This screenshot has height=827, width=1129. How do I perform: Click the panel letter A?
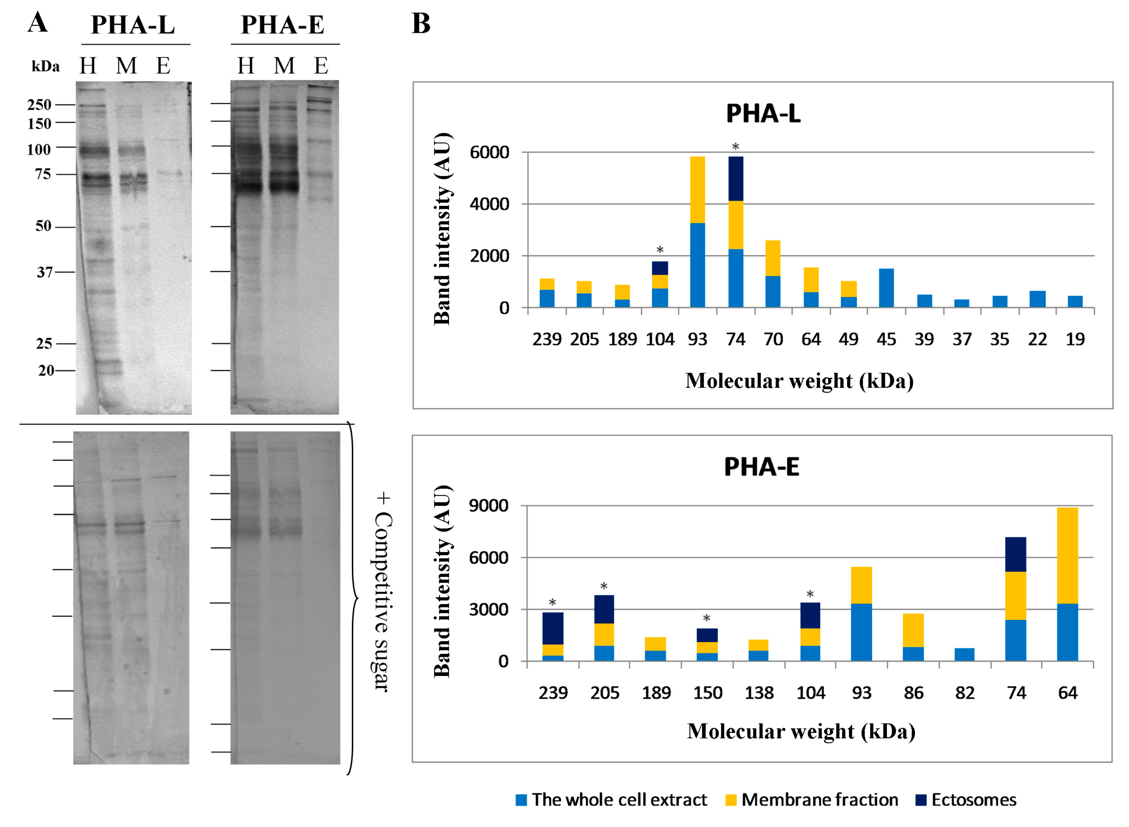38,23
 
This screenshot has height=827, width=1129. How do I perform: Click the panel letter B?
421,24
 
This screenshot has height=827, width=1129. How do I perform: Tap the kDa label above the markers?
45,67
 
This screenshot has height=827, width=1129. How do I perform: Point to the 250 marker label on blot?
39,105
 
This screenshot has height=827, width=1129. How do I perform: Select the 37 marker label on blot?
44,272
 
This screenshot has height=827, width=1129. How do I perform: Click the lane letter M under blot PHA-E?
284,66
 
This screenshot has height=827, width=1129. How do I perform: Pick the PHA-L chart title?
763,114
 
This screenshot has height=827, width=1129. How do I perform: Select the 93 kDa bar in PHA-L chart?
697,232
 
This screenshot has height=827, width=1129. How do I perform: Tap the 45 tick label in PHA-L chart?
886,340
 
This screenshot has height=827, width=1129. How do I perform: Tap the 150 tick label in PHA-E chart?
707,693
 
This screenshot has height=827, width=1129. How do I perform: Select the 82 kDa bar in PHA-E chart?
964,655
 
